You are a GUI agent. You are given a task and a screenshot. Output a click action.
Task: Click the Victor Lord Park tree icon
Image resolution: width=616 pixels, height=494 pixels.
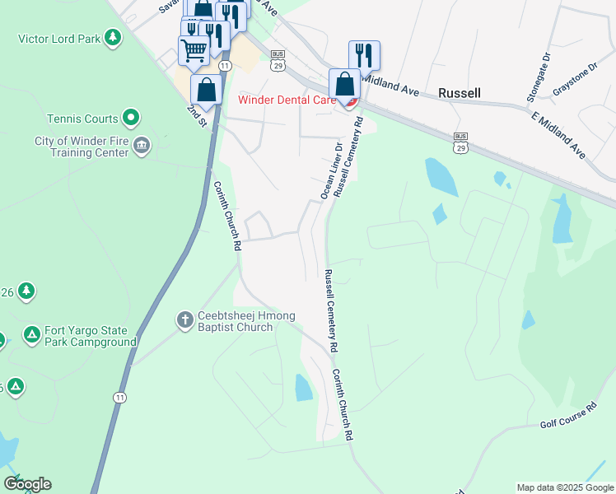point(113,38)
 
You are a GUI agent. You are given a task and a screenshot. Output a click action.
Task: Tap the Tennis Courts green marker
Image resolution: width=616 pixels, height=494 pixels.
point(130,119)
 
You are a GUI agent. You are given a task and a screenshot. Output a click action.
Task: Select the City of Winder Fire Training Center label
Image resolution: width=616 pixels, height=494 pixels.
point(81,147)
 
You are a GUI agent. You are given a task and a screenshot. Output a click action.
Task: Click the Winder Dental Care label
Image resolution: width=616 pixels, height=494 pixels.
point(287,100)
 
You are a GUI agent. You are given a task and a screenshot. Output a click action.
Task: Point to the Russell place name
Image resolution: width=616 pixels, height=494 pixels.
point(459,93)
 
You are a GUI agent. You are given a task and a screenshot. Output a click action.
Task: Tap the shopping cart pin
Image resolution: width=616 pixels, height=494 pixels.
point(194,50)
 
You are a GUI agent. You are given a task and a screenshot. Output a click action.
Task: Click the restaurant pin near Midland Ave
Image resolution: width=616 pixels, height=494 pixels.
point(364,56)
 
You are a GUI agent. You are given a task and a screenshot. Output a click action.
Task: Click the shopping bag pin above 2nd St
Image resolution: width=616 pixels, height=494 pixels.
point(206,90)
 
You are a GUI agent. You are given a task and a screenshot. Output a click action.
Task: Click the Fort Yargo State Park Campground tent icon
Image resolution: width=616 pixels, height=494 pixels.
point(31,334)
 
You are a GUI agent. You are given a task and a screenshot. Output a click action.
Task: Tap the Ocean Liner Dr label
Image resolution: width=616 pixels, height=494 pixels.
point(331,170)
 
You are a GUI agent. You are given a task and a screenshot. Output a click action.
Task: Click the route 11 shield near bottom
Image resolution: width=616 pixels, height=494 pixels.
point(121,397)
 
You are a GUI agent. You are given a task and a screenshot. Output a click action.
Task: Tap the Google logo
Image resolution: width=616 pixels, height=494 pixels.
point(27,484)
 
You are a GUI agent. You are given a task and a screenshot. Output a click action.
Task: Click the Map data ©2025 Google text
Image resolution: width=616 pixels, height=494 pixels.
point(565,487)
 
